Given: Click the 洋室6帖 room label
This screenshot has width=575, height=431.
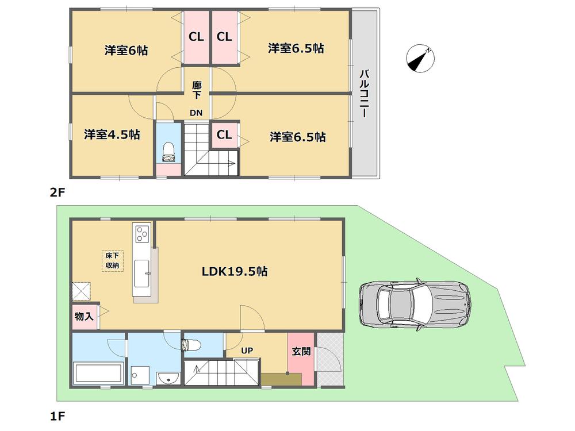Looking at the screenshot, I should [126, 51].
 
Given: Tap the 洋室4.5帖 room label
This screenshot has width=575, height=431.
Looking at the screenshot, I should [112, 134].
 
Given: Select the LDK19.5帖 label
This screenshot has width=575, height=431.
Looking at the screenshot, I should [233, 271].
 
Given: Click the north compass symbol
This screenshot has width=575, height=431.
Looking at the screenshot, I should [420, 60].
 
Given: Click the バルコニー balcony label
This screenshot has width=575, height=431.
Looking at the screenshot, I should [363, 94].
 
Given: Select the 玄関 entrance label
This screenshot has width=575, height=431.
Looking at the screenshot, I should [301, 351].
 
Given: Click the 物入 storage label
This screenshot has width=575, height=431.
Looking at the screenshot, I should [85, 317].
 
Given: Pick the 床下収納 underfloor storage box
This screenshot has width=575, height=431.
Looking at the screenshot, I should [112, 261].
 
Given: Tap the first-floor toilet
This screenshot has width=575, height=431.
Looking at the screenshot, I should [190, 345].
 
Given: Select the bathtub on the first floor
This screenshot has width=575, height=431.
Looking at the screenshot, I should [98, 373].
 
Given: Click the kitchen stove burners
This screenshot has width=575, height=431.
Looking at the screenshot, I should [141, 233].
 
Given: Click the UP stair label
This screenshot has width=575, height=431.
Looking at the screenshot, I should [247, 349].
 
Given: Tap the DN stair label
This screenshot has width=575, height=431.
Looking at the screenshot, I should [196, 113].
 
